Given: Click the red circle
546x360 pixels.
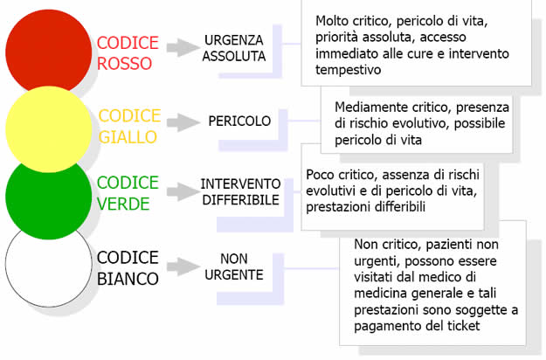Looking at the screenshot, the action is pyautogui.click(x=49, y=52).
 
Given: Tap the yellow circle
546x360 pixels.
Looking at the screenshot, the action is pyautogui.click(x=49, y=129).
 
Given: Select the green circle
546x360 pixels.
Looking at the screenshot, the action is pyautogui.click(x=49, y=198).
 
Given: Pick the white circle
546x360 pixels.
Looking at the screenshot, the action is pyautogui.click(x=49, y=267).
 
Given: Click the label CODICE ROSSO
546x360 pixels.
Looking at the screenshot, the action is pyautogui.click(x=128, y=53).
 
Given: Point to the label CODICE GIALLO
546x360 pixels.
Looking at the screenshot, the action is pyautogui.click(x=129, y=126).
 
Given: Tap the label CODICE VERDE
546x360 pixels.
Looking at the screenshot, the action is pyautogui.click(x=128, y=193).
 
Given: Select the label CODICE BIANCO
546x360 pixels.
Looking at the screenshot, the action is pyautogui.click(x=128, y=268).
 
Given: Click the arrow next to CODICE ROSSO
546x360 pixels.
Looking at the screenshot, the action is pyautogui.click(x=183, y=48).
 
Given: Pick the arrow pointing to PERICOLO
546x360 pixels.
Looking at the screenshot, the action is pyautogui.click(x=183, y=122).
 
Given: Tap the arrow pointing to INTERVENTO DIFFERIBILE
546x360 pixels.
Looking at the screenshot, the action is pyautogui.click(x=183, y=191).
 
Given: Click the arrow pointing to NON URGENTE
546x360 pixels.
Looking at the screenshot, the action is pyautogui.click(x=183, y=267).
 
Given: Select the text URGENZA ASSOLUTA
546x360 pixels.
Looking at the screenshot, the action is pyautogui.click(x=234, y=48).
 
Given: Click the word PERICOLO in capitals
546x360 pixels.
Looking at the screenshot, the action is pyautogui.click(x=239, y=121).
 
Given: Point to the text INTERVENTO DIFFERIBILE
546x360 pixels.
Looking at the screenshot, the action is pyautogui.click(x=240, y=192).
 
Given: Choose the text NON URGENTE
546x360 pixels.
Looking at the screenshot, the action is pyautogui.click(x=234, y=267).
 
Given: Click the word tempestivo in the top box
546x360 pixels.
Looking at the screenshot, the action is pyautogui.click(x=349, y=70).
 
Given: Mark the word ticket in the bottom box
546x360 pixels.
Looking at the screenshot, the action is pyautogui.click(x=463, y=326).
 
